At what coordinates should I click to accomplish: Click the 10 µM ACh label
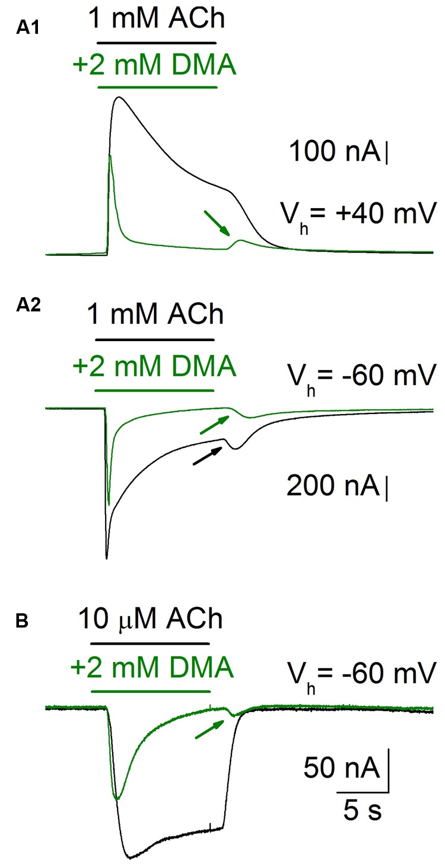(151, 620)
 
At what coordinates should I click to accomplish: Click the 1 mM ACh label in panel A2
(156, 314)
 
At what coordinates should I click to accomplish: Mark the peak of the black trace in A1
(120, 97)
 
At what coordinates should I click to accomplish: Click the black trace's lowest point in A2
(106, 558)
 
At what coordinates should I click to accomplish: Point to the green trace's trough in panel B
(117, 799)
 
